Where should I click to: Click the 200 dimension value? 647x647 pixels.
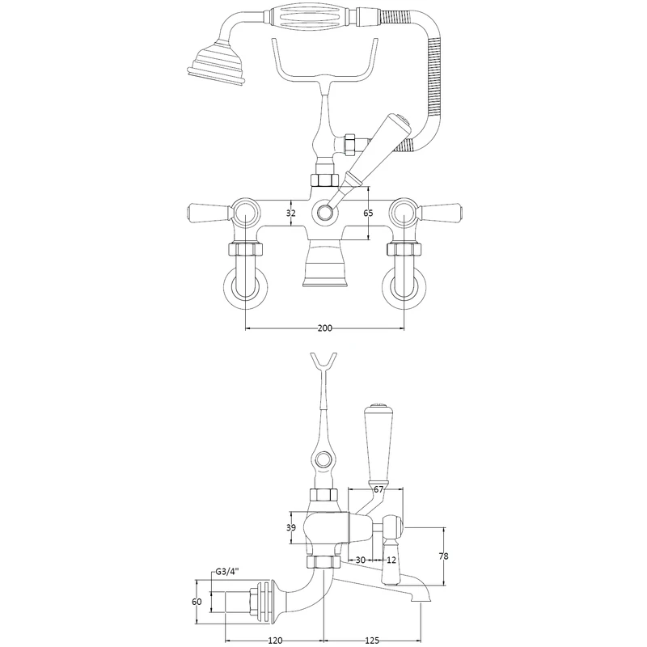click(x=324, y=329)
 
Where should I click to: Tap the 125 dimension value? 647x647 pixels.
click(x=373, y=641)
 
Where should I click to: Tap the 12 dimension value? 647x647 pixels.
click(x=391, y=560)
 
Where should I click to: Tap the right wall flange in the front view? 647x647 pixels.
click(x=404, y=289)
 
